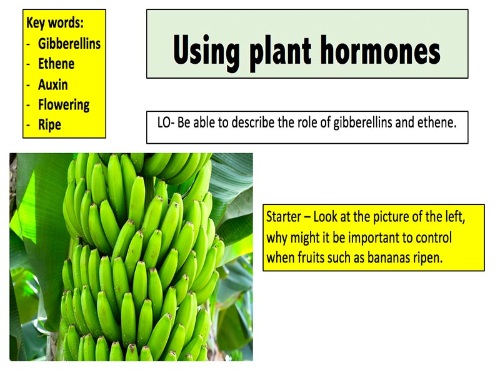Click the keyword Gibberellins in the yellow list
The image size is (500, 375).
69,44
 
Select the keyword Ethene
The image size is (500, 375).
56,64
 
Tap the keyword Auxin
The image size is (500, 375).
53,84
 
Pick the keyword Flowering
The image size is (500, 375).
64,104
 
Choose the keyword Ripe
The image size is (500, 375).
49,124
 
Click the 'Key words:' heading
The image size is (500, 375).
55,24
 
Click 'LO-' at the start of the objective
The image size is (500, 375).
166,122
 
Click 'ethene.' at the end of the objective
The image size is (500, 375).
437,122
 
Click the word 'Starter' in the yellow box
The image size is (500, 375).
284,217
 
